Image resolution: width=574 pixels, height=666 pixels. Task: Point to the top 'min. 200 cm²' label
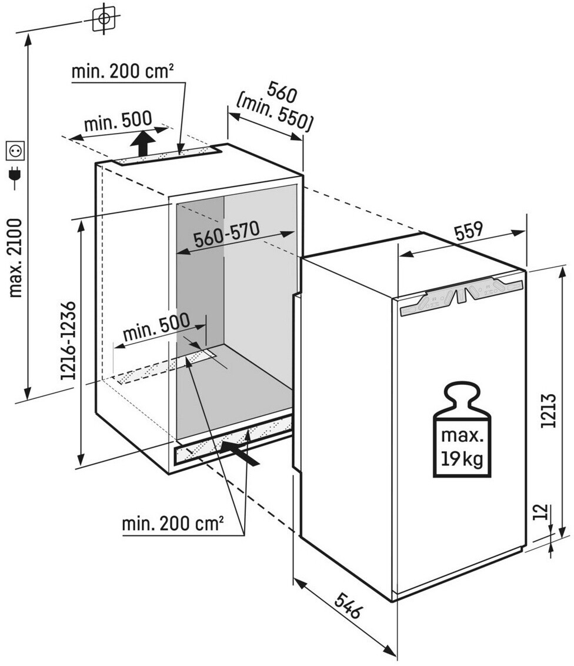[x=122, y=72]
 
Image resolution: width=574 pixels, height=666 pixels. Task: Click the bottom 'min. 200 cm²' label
[x=172, y=523]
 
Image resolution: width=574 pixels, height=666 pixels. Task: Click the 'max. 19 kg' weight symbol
[x=462, y=431]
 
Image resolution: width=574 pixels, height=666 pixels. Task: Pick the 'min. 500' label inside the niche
[x=156, y=329]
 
